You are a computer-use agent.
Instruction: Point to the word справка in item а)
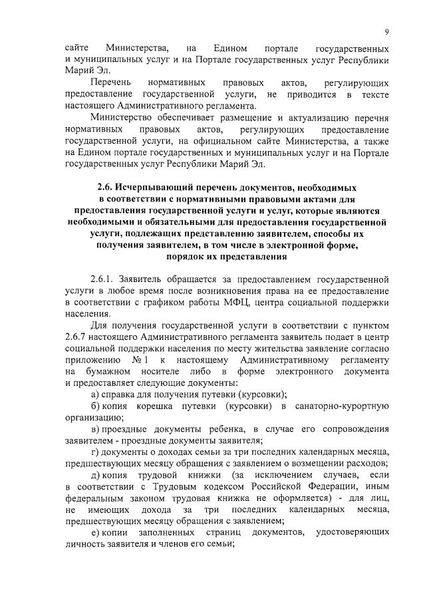pyautogui.click(x=120, y=394)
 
